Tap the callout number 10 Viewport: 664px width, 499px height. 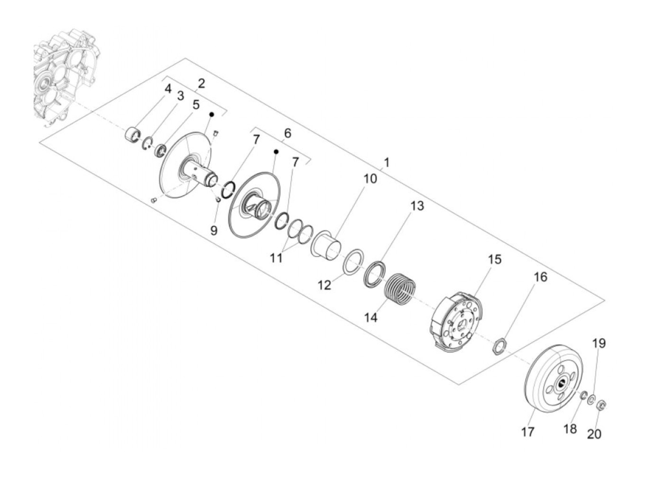coord(370,179)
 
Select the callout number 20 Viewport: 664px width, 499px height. coord(594,434)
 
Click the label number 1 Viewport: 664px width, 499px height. coord(387,163)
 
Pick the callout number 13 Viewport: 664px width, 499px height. coord(417,206)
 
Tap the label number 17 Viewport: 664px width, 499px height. coord(527,432)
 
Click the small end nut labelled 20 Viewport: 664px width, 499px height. coord(601,405)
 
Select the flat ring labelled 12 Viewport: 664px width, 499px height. coord(353,262)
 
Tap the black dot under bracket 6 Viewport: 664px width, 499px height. coord(276,152)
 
